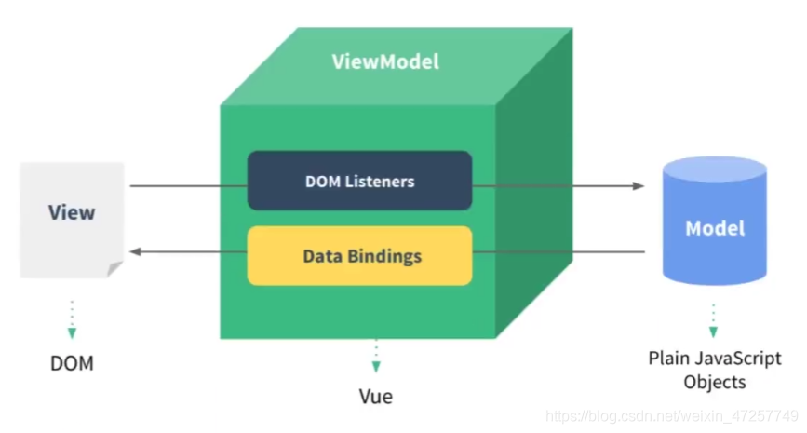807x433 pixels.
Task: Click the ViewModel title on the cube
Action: [385, 61]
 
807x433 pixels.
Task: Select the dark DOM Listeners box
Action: [360, 181]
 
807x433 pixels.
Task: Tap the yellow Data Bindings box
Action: [360, 256]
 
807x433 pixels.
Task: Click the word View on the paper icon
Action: [72, 212]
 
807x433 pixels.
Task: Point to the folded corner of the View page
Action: [114, 268]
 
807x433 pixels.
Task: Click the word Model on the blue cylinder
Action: [715, 228]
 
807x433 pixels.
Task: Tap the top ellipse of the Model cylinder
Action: [715, 169]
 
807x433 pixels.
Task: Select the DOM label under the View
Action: [72, 363]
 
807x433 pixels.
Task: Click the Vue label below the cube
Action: [376, 396]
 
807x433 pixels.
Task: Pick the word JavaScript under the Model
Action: [738, 359]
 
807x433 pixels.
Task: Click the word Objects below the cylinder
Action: [715, 382]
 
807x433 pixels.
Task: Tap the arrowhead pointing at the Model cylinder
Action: [639, 185]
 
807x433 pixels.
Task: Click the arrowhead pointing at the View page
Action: [135, 251]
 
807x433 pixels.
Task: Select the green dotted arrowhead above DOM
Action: [72, 333]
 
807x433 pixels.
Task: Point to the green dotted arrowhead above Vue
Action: [376, 367]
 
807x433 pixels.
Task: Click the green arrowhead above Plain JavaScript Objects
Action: [713, 332]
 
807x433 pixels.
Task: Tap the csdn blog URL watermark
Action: [672, 416]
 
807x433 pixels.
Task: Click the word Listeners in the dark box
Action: [380, 182]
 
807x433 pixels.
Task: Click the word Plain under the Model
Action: [669, 359]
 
